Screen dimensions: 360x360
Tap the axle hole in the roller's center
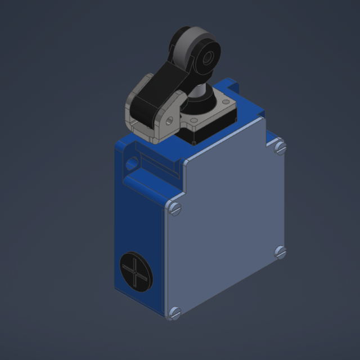208,57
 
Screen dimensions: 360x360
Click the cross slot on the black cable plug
136,272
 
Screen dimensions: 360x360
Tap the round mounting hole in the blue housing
132,164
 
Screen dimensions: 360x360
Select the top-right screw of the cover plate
280,147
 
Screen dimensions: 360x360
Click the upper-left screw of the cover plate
175,209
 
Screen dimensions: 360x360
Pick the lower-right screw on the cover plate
280,252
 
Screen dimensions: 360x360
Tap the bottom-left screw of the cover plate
174,312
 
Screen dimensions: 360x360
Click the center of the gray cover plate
225,225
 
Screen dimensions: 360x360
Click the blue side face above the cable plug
138,219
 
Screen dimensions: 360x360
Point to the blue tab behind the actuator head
231,87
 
